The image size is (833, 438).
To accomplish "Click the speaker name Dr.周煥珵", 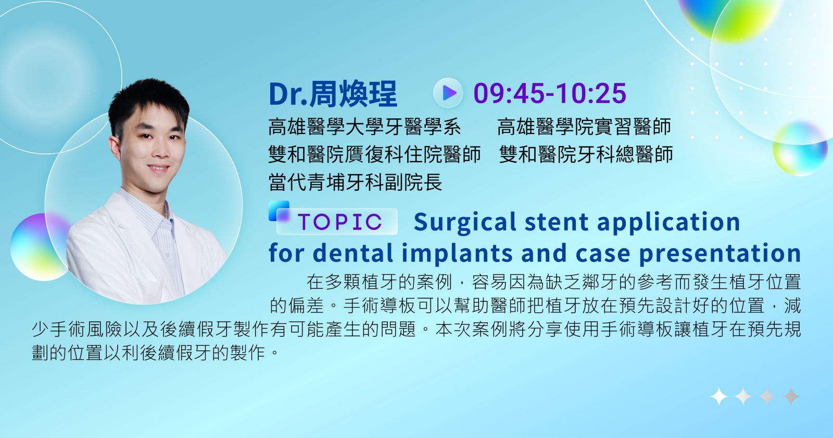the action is click(333, 93).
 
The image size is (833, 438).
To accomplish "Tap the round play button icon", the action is click(448, 93).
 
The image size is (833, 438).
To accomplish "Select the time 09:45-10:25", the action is click(550, 93).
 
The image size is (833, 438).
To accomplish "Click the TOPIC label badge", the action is click(337, 222).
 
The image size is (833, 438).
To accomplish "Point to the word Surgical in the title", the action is click(465, 222).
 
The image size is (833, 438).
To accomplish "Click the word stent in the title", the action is click(557, 222).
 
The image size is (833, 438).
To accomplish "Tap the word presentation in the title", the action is click(720, 253).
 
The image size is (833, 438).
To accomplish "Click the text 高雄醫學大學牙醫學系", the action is click(365, 127).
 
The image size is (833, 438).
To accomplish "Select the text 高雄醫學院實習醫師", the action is click(584, 127).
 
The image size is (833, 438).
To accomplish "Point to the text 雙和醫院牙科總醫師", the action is click(586, 154).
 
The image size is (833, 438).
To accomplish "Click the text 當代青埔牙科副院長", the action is click(355, 182).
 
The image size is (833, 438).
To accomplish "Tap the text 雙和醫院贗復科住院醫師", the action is click(374, 154).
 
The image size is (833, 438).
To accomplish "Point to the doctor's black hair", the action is click(148, 102).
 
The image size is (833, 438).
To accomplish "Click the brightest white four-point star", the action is click(719, 396).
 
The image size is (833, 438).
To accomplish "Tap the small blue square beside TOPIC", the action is click(279, 211).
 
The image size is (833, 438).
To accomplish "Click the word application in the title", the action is click(668, 222).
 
